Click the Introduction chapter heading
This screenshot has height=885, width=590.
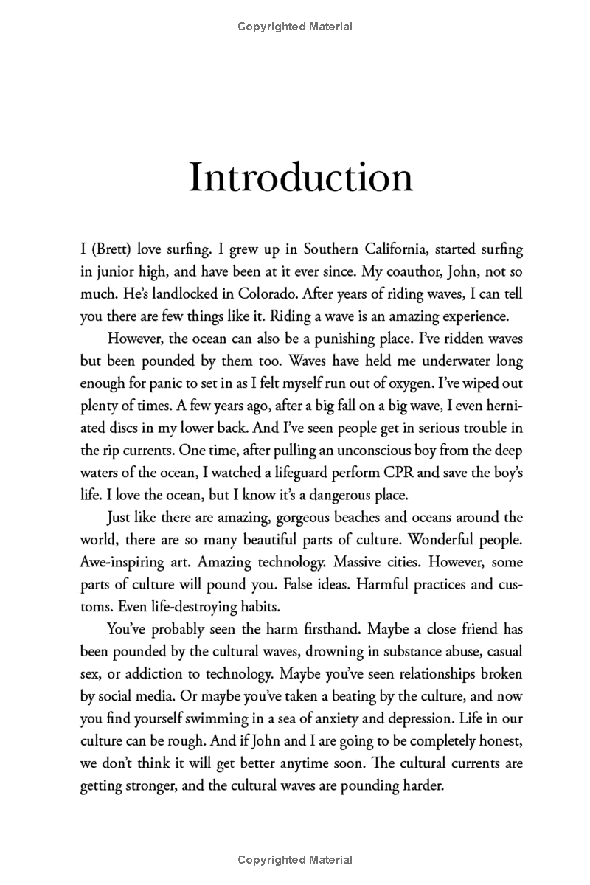coord(299,178)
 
